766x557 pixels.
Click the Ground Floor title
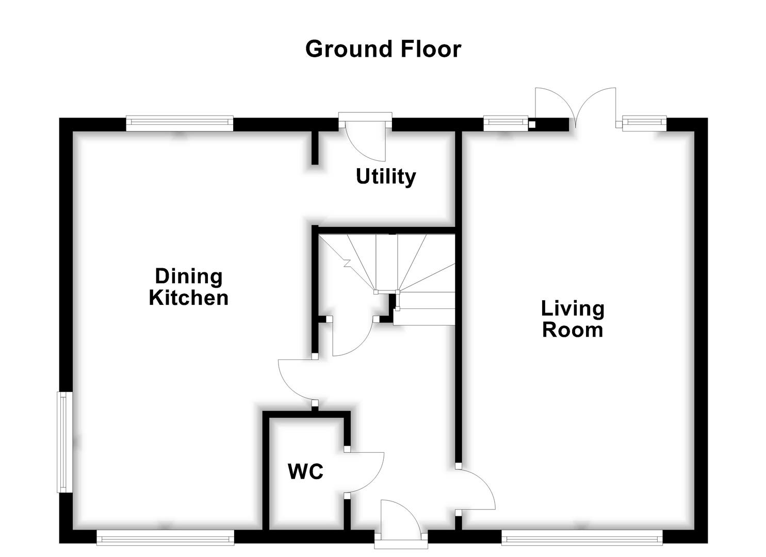[x=383, y=49]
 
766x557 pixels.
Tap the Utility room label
[x=385, y=176]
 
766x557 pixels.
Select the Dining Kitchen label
[x=189, y=287]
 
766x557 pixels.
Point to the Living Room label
[x=573, y=319]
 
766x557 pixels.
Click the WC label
[x=305, y=471]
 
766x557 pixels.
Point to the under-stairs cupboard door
[x=351, y=338]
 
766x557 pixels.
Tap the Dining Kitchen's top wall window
[x=180, y=122]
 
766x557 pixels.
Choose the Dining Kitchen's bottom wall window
[x=165, y=539]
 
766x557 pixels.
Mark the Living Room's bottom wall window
[x=582, y=539]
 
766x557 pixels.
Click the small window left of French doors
[x=506, y=122]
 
